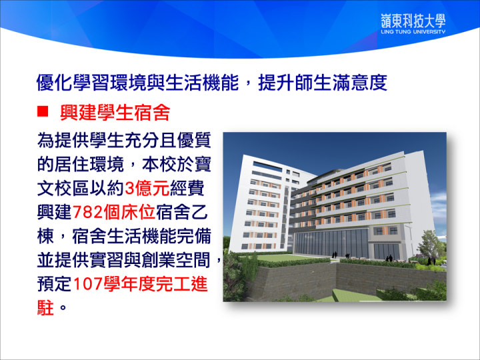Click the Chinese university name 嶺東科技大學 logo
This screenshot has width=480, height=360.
click(413, 21)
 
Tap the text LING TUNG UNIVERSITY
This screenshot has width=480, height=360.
click(413, 31)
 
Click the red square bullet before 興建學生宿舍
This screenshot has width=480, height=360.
click(43, 111)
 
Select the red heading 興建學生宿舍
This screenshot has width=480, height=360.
click(115, 113)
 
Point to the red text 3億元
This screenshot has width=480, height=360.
click(147, 188)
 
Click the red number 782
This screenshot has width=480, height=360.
click(87, 212)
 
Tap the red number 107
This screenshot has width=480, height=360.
click(87, 284)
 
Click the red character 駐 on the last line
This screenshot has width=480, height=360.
click(45, 307)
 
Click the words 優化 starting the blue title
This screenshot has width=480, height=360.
click(55, 82)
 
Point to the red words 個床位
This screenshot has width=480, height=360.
click(129, 212)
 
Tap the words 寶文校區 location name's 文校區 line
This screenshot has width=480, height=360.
click(63, 188)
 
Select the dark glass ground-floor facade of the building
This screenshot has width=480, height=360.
click(331, 242)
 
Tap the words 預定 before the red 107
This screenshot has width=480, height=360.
click(55, 284)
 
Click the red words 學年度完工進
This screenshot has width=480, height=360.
click(156, 284)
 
